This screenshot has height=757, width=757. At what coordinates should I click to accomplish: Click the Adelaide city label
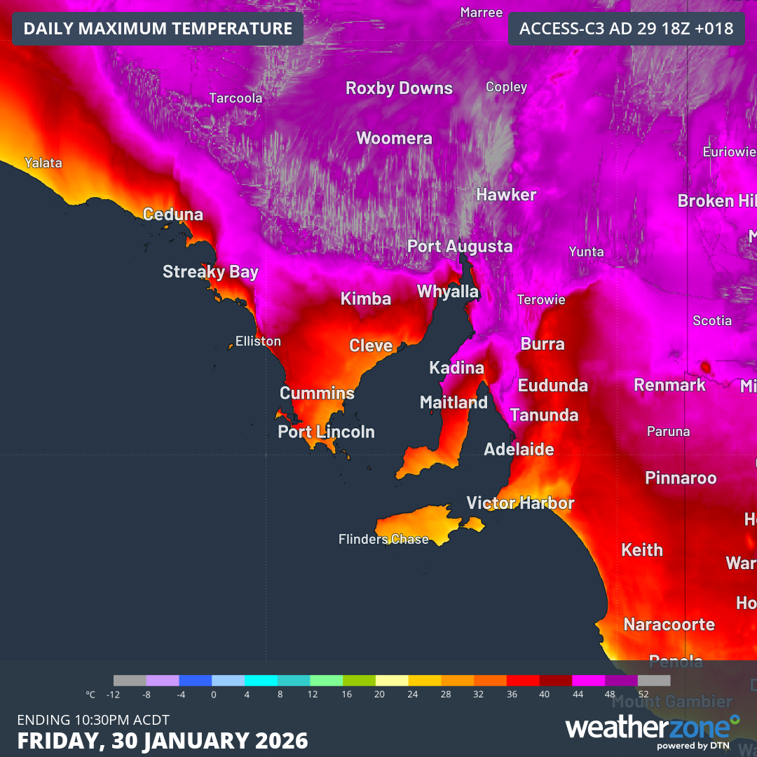click(x=519, y=449)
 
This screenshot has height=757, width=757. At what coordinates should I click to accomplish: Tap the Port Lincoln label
click(x=326, y=432)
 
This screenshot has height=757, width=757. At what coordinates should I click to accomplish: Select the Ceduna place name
click(x=172, y=214)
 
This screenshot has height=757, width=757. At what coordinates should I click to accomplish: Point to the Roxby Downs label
click(x=399, y=88)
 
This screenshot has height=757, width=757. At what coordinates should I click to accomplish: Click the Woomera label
click(x=394, y=138)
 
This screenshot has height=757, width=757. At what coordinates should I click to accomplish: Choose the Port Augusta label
click(x=460, y=247)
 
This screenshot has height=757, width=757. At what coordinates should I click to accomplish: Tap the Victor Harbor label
click(x=520, y=503)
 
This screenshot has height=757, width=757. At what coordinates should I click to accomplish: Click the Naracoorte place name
click(x=669, y=624)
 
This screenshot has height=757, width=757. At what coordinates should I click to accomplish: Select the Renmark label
click(x=669, y=385)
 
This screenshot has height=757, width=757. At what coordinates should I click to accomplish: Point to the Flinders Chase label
click(x=383, y=539)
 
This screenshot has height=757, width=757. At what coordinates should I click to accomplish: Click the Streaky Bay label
click(x=210, y=272)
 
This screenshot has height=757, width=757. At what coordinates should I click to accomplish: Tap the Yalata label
click(x=43, y=163)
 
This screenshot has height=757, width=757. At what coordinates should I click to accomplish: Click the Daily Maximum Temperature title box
click(x=158, y=29)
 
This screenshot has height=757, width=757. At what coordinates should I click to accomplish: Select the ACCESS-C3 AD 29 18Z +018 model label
click(x=626, y=29)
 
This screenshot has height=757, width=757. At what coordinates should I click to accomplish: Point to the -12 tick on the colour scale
click(x=114, y=695)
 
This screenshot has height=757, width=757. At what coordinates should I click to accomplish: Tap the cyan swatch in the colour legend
click(x=261, y=681)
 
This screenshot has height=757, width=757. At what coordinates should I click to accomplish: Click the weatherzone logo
click(x=652, y=729)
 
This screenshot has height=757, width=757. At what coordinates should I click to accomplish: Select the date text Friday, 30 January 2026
click(x=163, y=740)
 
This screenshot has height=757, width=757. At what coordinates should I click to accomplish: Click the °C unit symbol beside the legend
click(x=90, y=695)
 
